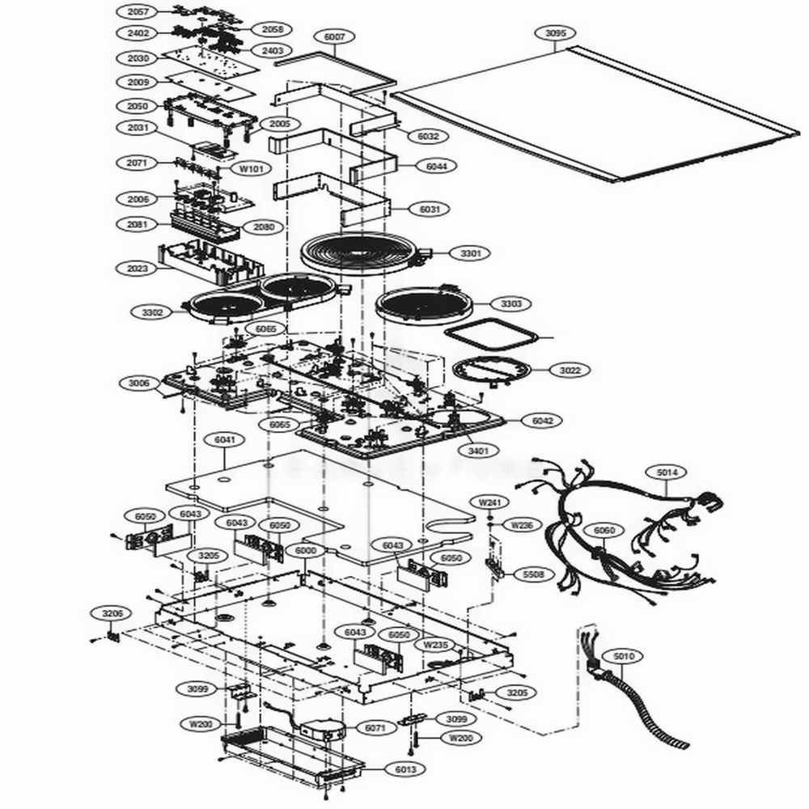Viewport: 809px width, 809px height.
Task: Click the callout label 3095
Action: pos(556,33)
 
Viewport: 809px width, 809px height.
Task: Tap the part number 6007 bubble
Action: pos(334,36)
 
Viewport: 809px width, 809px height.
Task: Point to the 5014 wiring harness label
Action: pos(667,471)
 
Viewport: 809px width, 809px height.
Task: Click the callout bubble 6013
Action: pos(405,769)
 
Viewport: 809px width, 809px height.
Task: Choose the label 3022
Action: pos(570,370)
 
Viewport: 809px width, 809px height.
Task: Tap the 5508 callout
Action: pos(533,574)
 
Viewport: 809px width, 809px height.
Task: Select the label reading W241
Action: pos(489,502)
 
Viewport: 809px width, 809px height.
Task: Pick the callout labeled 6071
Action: pos(375,728)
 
